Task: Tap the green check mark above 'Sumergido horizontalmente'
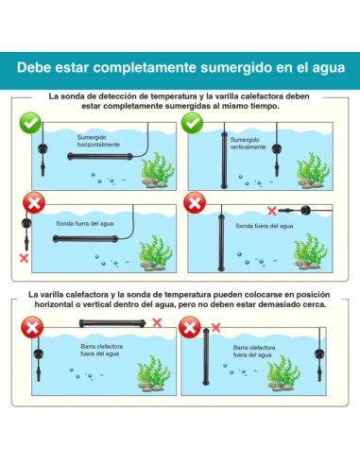[x=30, y=123]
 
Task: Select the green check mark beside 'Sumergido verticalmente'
[x=192, y=123]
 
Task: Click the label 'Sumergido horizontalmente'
[x=98, y=141]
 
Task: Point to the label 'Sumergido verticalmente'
[x=248, y=144]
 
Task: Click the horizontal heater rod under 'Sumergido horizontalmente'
[x=100, y=156]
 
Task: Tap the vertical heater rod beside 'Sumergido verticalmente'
[x=224, y=160]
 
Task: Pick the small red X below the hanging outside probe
[x=24, y=258]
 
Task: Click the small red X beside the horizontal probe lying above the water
[x=272, y=211]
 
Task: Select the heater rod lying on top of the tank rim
[x=112, y=323]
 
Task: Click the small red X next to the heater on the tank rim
[x=157, y=322]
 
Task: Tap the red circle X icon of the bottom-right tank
[x=190, y=327]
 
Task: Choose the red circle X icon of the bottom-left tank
[x=32, y=327]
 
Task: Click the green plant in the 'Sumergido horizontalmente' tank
[x=157, y=170]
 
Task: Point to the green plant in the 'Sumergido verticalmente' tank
[x=313, y=170]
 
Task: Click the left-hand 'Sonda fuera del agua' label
[x=85, y=224]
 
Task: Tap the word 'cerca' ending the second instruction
[x=315, y=304]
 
